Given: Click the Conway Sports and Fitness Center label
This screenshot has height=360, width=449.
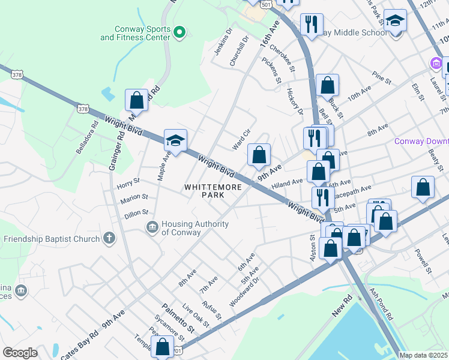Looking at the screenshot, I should coord(135,33).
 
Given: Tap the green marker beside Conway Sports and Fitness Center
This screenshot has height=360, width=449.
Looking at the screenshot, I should coord(179,32).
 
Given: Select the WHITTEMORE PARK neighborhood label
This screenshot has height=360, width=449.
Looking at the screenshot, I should coord(212,191).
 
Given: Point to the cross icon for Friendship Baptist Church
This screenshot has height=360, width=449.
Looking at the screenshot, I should coord(109,239).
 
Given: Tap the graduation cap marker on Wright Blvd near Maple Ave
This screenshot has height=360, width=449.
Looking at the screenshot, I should coord(175,141).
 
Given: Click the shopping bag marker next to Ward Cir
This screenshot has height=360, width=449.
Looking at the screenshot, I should coord(259,155).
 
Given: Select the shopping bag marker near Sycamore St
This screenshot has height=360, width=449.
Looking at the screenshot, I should coord(162,347).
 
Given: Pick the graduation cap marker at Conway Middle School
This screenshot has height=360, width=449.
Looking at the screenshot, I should coord(395,21).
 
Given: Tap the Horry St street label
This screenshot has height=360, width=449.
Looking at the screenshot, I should coord(128,180).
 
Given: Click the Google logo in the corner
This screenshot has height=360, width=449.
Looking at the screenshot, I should coord(20,353).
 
